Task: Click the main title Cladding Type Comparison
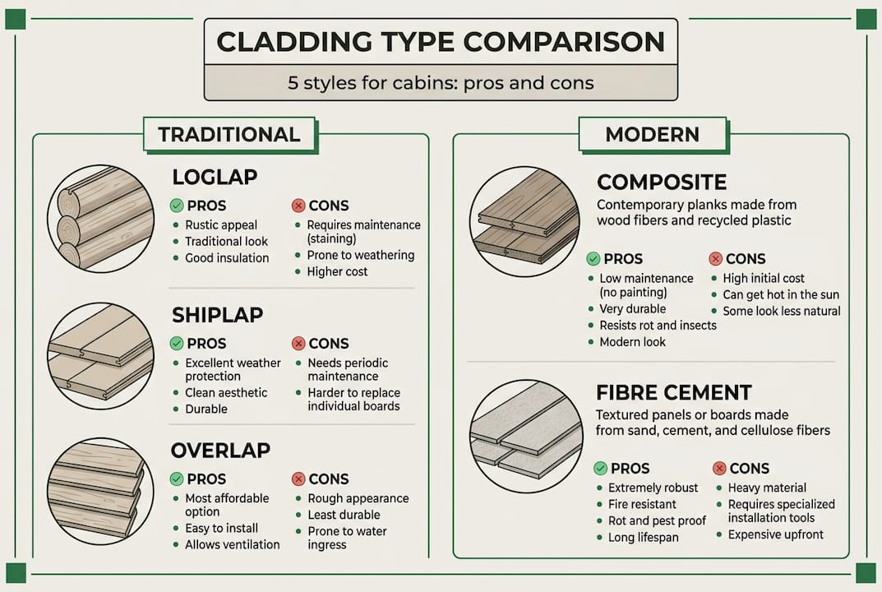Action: pyautogui.click(x=441, y=42)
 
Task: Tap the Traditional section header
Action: pyautogui.click(x=229, y=135)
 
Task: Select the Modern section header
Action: pyautogui.click(x=652, y=135)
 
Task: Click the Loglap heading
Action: pyautogui.click(x=215, y=177)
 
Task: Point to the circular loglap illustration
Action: pyautogui.click(x=100, y=218)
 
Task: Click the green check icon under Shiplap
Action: pyautogui.click(x=176, y=344)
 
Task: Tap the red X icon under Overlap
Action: pyautogui.click(x=298, y=479)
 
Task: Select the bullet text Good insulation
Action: pyautogui.click(x=226, y=258)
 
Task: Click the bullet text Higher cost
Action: pyautogui.click(x=337, y=271)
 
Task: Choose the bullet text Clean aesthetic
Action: pyautogui.click(x=226, y=393)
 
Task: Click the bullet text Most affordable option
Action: pyautogui.click(x=228, y=505)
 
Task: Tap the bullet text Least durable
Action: pyautogui.click(x=344, y=515)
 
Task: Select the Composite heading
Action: pyautogui.click(x=662, y=182)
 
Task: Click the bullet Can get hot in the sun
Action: pyautogui.click(x=781, y=294)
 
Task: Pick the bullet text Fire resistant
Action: pyautogui.click(x=642, y=504)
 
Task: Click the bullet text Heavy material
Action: pyautogui.click(x=767, y=488)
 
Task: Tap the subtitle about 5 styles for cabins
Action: pyautogui.click(x=441, y=83)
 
